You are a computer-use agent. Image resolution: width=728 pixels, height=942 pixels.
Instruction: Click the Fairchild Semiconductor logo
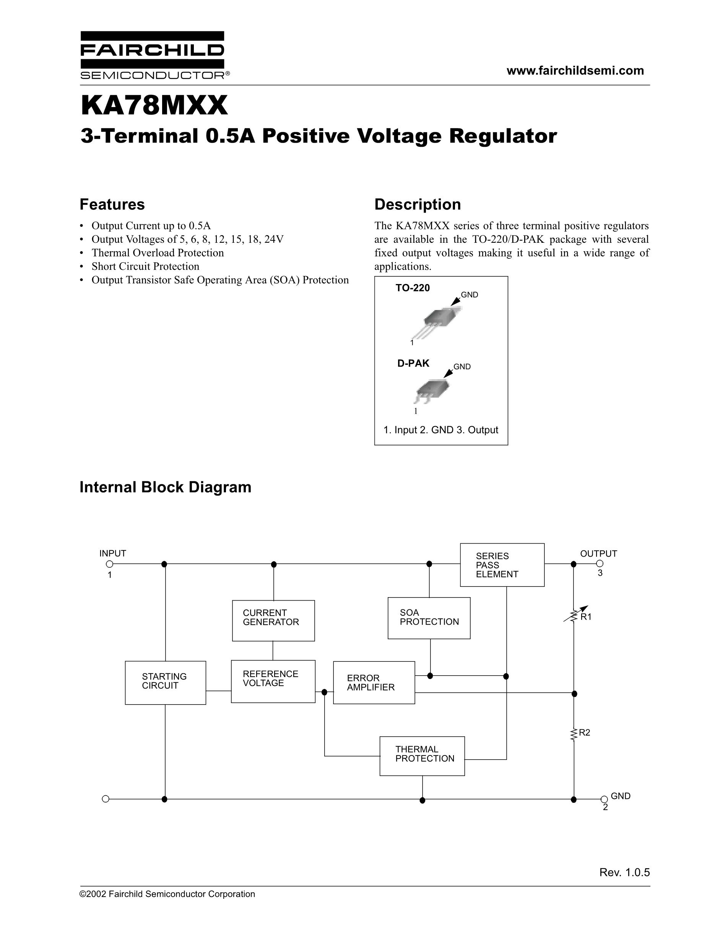pos(152,55)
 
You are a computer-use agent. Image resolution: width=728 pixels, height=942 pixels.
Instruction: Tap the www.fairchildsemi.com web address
pos(575,71)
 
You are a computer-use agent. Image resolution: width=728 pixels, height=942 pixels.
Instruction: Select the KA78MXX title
pos(154,106)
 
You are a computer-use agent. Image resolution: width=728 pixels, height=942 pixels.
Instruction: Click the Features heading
pos(112,205)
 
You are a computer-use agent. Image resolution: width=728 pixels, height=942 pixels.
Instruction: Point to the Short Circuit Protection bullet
pos(145,266)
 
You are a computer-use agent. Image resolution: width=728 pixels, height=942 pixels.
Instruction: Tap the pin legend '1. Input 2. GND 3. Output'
pos(441,430)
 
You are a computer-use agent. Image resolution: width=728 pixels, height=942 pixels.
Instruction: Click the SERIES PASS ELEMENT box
pos(502,565)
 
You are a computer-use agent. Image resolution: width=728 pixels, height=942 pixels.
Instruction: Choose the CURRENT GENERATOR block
pos(273,620)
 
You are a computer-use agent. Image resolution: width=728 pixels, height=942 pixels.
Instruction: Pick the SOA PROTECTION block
pos(429,618)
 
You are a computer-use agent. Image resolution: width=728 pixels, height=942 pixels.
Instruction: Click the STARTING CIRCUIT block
pos(165,683)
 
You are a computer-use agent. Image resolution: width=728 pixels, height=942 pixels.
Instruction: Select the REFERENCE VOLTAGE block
pos(273,682)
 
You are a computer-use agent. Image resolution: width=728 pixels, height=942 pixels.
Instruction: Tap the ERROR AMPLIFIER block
pos(374,683)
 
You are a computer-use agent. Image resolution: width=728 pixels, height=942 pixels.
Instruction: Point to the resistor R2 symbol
pos(574,734)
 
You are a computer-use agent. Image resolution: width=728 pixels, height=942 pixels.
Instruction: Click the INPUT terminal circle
pos(110,564)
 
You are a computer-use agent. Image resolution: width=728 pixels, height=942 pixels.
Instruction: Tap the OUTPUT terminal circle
pos(600,564)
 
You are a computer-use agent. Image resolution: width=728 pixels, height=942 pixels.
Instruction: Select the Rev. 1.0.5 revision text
pos(624,872)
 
